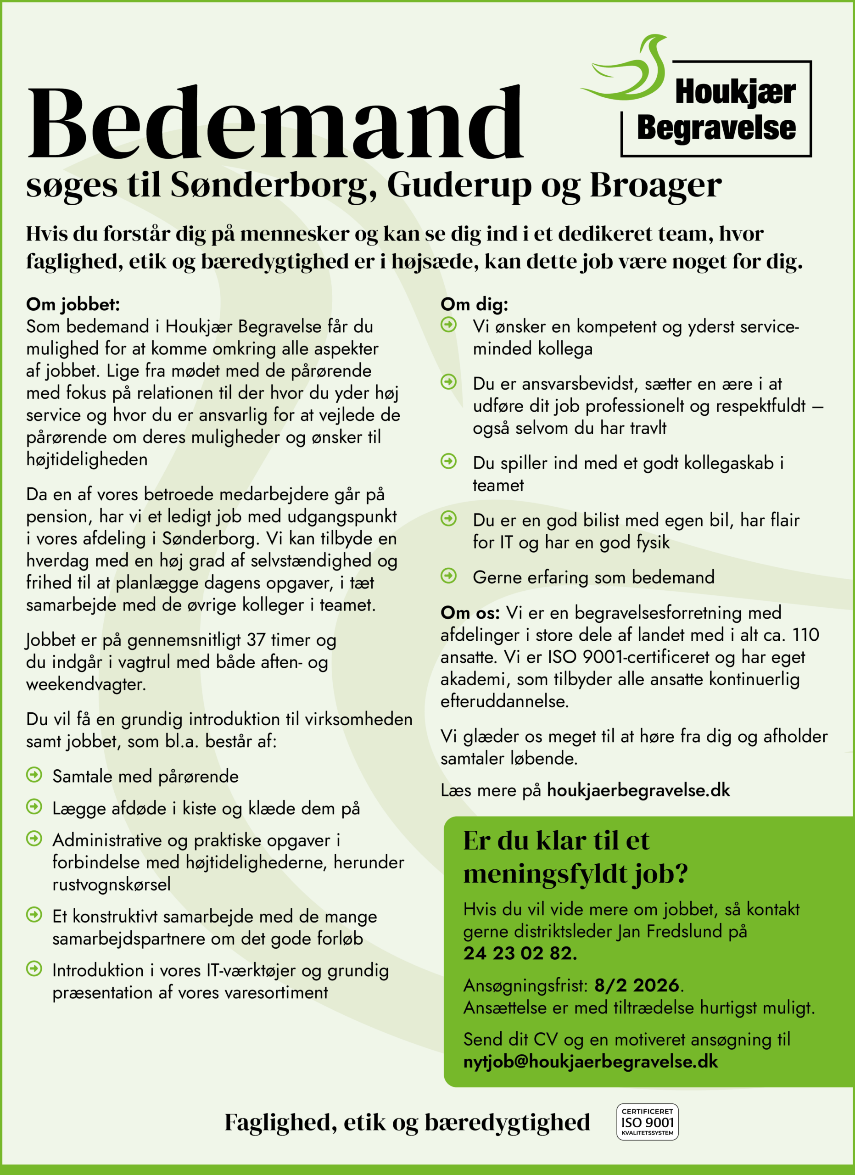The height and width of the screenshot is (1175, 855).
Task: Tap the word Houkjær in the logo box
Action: coord(735,92)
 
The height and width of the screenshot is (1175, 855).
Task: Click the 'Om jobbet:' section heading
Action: coord(73,304)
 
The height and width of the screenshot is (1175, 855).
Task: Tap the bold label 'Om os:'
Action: coord(469,613)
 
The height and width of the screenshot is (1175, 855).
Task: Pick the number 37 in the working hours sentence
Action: coord(256,640)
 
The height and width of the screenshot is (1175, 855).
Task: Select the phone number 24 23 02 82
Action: coord(520,953)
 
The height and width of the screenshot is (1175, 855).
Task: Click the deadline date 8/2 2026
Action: coord(637,985)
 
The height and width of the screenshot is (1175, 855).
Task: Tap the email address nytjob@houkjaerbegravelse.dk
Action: coord(590,1062)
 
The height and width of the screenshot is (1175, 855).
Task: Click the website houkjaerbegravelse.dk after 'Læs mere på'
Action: coord(638,790)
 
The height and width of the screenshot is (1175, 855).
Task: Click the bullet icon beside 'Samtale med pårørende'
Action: coord(34,775)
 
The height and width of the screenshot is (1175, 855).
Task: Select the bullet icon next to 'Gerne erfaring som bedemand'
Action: coord(448,576)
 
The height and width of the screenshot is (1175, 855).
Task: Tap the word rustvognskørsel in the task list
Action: coord(112,884)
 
